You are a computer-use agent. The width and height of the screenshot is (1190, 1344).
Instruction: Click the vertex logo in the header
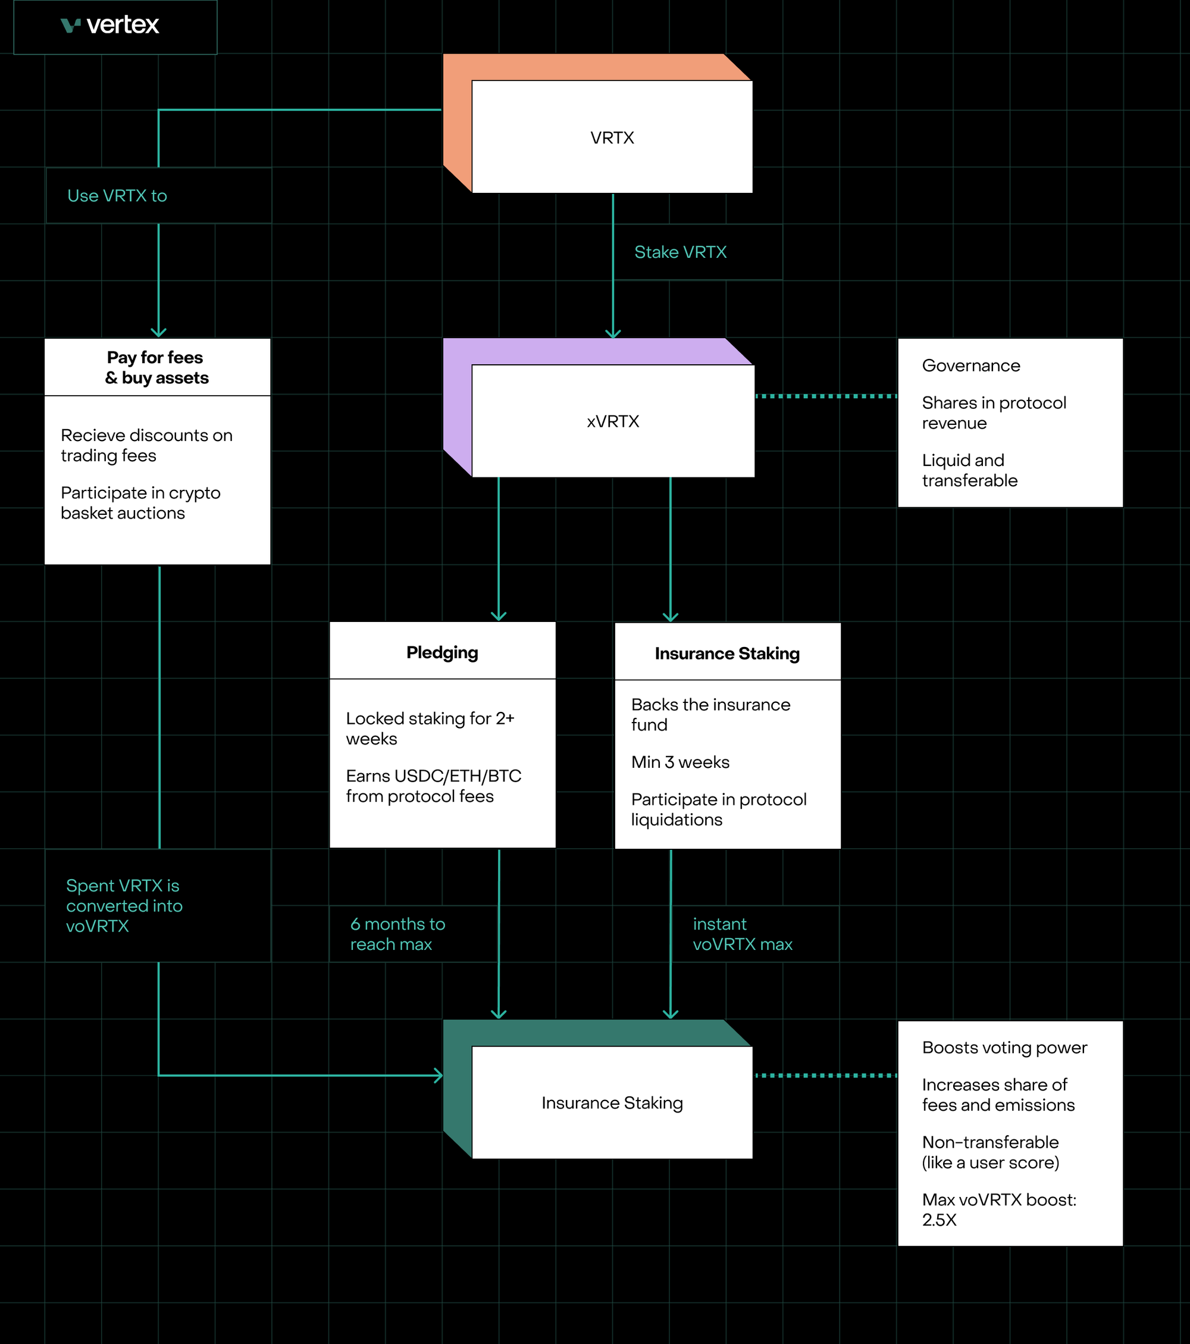[x=110, y=25]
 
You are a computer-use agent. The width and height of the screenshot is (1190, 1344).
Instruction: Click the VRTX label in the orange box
[x=612, y=138]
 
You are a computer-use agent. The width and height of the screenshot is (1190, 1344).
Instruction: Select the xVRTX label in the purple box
[x=613, y=421]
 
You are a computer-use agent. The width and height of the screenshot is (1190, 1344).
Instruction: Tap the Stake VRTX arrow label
[x=680, y=252]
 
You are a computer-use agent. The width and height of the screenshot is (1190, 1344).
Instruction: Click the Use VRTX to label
[x=117, y=196]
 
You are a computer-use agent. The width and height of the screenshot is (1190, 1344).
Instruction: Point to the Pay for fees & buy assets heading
[x=156, y=368]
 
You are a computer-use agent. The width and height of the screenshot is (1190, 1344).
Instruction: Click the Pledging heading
[x=442, y=652]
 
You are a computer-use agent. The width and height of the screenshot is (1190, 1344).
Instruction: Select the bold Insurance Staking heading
[x=726, y=654]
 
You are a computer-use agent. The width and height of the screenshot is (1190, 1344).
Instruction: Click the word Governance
[x=970, y=365]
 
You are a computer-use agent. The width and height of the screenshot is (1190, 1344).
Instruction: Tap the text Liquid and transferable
[x=969, y=470]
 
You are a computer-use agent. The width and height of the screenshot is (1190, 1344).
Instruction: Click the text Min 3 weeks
[x=680, y=762]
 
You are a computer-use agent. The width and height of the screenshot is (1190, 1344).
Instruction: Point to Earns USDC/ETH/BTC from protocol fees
[x=433, y=786]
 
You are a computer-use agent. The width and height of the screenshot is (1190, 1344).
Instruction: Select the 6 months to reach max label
[x=397, y=934]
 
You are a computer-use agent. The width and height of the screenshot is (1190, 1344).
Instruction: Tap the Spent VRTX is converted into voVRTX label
[x=124, y=905]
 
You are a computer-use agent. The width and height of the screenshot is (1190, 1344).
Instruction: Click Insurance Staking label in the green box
[x=612, y=1103]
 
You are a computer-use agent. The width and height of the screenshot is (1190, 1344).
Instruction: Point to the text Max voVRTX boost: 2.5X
[x=998, y=1209]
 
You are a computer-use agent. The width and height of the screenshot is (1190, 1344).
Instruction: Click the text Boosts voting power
[x=1004, y=1048]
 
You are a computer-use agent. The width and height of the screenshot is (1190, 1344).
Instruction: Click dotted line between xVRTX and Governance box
[x=825, y=396]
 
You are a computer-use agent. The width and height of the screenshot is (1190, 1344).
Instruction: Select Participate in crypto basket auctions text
[x=140, y=503]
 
